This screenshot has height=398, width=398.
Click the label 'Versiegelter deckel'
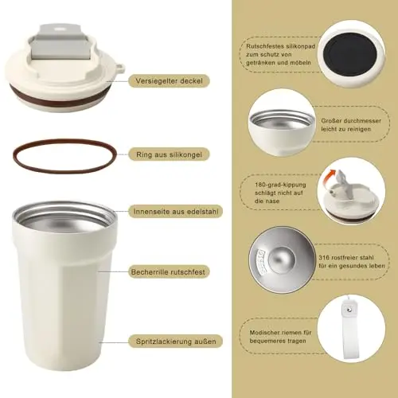pyautogui.click(x=169, y=81)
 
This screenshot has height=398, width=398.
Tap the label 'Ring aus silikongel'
pyautogui.click(x=169, y=154)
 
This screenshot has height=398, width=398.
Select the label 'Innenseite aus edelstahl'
pyautogui.click(x=176, y=212)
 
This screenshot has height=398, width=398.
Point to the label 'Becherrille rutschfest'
pyautogui.click(x=168, y=272)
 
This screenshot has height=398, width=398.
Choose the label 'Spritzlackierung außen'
pyautogui.click(x=176, y=341)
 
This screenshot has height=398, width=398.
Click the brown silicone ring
pyautogui.click(x=64, y=140)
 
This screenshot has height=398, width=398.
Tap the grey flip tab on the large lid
pyautogui.click(x=60, y=42)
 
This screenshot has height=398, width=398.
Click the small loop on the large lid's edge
pyautogui.click(x=121, y=68)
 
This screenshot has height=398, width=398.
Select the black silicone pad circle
pyautogui.click(x=350, y=55)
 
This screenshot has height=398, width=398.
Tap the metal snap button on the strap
pyautogui.click(x=349, y=310)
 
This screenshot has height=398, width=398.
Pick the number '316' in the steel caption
pyautogui.click(x=324, y=257)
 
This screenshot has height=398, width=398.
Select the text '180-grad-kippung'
pyautogui.click(x=280, y=185)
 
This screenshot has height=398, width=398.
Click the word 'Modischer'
pyautogui.click(x=265, y=333)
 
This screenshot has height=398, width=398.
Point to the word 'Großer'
pyautogui.click(x=330, y=121)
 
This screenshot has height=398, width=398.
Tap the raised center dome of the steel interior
pyautogui.click(x=282, y=259)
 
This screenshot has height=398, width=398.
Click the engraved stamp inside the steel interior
pyautogui.click(x=260, y=262)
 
